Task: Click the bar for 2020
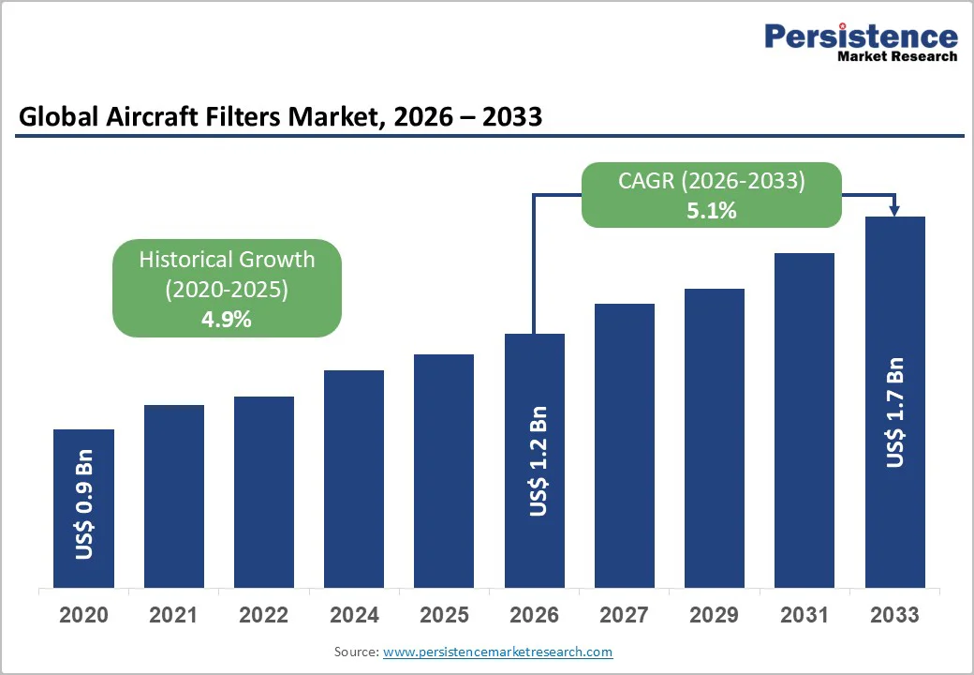pyautogui.click(x=83, y=508)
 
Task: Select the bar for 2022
pyautogui.click(x=264, y=492)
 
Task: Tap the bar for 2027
pyautogui.click(x=625, y=445)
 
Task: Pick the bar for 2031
pyautogui.click(x=804, y=420)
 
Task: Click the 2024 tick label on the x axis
pyautogui.click(x=354, y=615)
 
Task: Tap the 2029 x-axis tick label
pyautogui.click(x=714, y=615)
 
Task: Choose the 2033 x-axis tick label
pyautogui.click(x=894, y=615)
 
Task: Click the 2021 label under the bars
pyautogui.click(x=173, y=615)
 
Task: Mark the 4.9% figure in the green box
pyautogui.click(x=227, y=319)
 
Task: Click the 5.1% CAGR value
pyautogui.click(x=712, y=211)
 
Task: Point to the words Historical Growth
pyautogui.click(x=227, y=260)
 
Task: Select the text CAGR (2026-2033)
pyautogui.click(x=712, y=181)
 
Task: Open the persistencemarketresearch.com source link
pyautogui.click(x=498, y=652)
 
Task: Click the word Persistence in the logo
pyautogui.click(x=861, y=37)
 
